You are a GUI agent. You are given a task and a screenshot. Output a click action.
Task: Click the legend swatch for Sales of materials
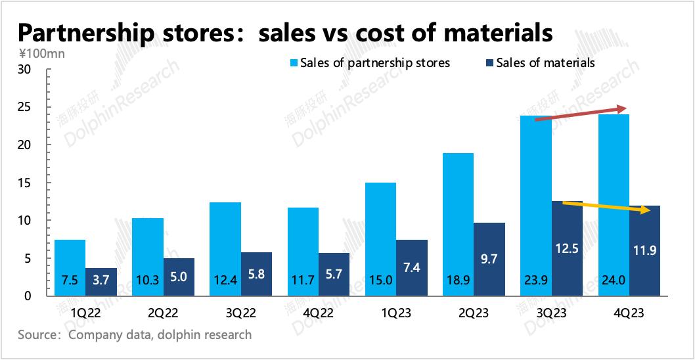click(489, 63)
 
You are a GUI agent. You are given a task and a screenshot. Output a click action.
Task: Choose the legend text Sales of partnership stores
click(374, 63)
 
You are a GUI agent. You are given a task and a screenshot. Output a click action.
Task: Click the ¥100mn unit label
click(37, 54)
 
